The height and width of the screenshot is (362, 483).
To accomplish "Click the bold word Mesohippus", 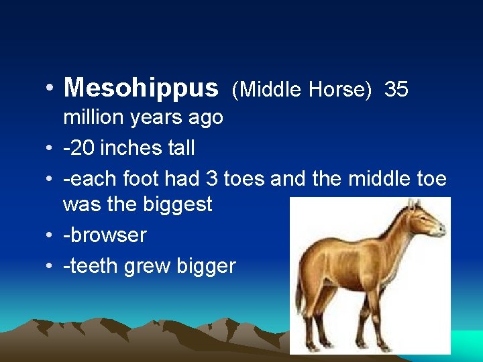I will (141, 88).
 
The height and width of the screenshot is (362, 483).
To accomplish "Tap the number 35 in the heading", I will (396, 89).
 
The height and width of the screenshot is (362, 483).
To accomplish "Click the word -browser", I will (105, 235).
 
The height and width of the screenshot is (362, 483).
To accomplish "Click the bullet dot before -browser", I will (50, 235).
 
